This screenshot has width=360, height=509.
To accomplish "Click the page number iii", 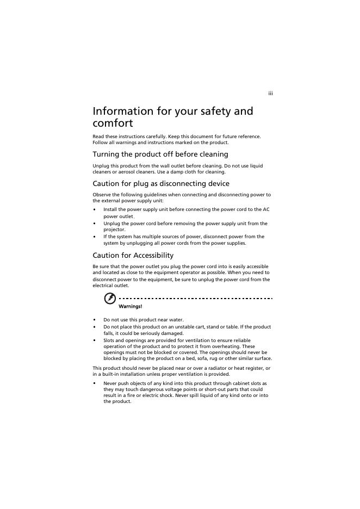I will click(270, 94).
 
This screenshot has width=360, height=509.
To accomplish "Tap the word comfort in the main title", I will click(113, 123).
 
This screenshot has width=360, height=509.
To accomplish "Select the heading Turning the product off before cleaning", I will click(160, 154).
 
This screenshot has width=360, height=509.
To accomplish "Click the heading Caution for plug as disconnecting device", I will click(161, 184).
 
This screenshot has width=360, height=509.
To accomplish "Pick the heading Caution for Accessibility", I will click(133, 256).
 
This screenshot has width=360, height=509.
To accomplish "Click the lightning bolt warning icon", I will click(110, 299).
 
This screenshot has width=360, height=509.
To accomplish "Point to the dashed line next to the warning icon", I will click(196, 299).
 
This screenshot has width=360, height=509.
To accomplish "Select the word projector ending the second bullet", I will click(114, 230).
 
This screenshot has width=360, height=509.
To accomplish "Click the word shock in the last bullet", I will click(160, 395).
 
